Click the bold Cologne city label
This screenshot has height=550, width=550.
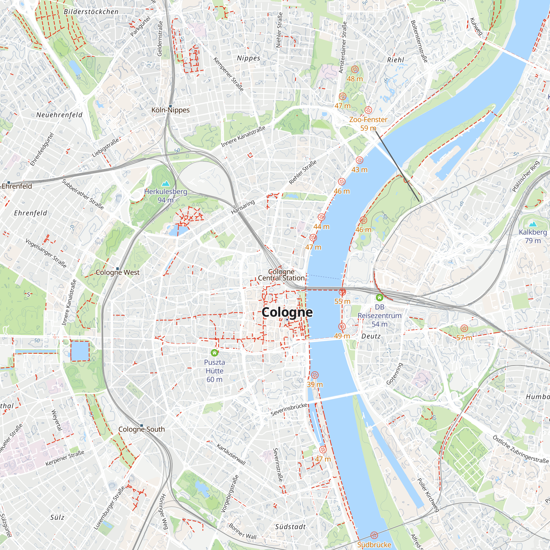click(287, 312)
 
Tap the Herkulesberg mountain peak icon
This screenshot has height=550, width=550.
click(165, 184)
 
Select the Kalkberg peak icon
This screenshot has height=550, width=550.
click(533, 224)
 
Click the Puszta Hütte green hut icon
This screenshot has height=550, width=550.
click(215, 353)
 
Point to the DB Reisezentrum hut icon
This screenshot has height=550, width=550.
click(379, 298)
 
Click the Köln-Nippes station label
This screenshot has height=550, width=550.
click(170, 110)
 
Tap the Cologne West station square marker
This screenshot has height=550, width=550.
click(118, 268)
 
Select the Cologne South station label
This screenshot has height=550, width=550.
click(141, 429)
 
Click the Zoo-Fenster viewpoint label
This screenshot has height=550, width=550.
click(368, 120)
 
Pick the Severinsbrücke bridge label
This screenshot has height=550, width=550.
click(289, 409)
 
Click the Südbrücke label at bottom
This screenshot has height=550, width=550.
click(374, 544)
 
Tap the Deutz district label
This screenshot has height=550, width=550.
click(371, 336)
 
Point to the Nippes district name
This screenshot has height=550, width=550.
click(249, 58)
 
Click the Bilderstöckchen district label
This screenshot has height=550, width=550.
click(91, 12)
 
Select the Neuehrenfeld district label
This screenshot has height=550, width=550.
click(59, 115)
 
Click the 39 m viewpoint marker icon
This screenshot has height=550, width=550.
click(315, 375)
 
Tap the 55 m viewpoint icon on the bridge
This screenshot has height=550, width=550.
click(342, 292)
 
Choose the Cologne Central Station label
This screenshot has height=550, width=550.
click(281, 275)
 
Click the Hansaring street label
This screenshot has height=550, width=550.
click(243, 207)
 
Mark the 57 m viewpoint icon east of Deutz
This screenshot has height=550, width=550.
click(464, 328)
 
